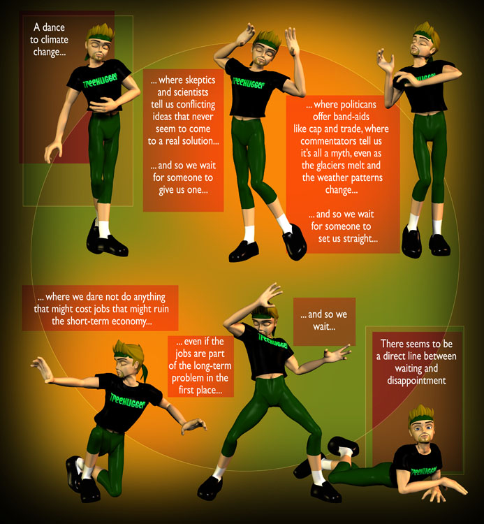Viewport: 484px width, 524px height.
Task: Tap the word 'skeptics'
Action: pos(200,80)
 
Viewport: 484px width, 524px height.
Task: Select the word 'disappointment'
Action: pos(416,381)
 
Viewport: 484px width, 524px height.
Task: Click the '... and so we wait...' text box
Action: pos(324,321)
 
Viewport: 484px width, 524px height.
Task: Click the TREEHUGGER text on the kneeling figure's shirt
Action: pos(128,401)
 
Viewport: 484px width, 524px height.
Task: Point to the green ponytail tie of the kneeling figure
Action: pos(145,372)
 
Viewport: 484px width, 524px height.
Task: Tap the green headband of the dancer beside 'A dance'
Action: pos(99,36)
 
